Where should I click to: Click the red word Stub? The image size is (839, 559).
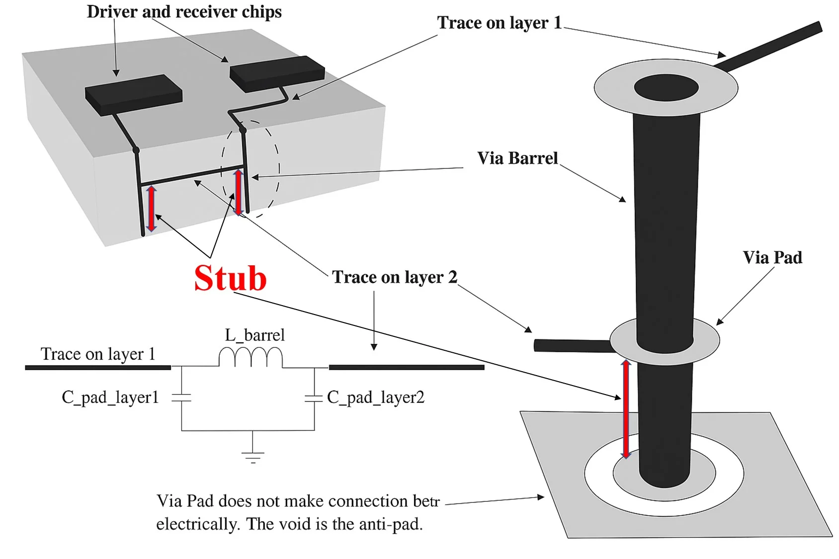(230, 278)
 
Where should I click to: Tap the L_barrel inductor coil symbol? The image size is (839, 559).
(251, 357)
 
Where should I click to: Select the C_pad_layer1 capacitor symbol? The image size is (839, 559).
(181, 398)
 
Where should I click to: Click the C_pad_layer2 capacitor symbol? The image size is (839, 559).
(314, 398)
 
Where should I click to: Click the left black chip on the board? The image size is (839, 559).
(133, 94)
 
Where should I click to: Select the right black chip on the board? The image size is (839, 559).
(277, 73)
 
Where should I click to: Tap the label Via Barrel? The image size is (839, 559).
(517, 158)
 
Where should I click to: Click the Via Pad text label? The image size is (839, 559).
(772, 257)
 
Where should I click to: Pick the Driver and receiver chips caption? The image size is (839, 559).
(184, 11)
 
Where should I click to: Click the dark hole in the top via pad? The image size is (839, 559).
(666, 88)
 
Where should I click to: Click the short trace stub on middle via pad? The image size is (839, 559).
(572, 345)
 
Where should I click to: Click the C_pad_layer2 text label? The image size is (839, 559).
(376, 397)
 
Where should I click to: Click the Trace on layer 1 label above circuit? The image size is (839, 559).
(98, 354)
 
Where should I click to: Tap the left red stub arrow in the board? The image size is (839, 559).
(152, 209)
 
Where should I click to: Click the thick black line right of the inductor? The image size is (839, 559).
(406, 367)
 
